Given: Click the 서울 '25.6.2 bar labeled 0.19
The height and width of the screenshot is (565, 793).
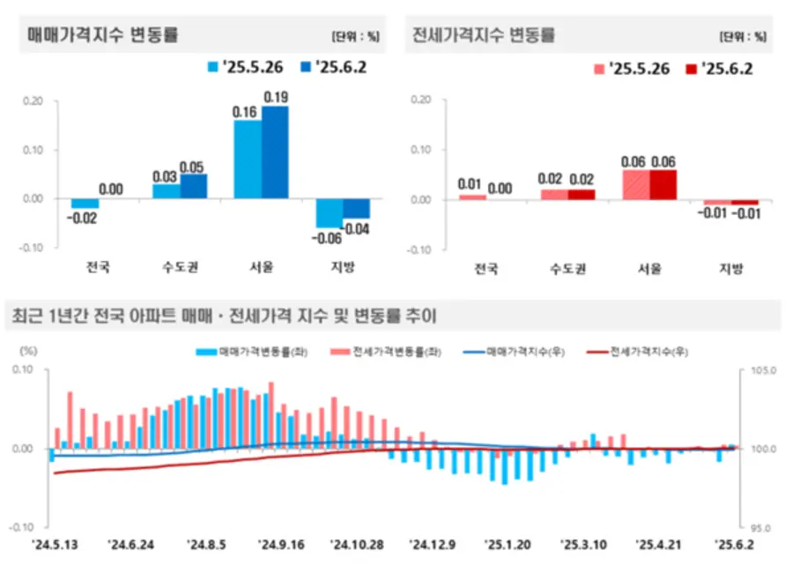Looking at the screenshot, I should [x=275, y=152].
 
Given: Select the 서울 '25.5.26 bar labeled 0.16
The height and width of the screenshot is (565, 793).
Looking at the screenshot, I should [x=248, y=159].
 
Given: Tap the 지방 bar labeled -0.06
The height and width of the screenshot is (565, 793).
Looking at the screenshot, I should [x=330, y=213].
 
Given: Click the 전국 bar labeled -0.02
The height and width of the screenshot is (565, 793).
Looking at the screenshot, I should [x=85, y=204].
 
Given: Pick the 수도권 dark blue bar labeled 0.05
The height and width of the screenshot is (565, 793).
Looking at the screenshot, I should [x=194, y=186].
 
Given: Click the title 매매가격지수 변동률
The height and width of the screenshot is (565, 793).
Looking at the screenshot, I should [x=103, y=36].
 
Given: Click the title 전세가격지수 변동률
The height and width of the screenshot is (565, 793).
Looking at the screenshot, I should [x=484, y=36].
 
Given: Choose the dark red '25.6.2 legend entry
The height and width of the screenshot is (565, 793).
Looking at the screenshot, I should [x=719, y=68].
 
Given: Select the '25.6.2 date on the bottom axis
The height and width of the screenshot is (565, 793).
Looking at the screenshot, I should [x=734, y=545].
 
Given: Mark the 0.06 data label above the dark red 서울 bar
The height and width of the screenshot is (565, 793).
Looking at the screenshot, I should [x=663, y=161].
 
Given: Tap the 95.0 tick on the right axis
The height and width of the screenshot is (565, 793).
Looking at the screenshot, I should [x=760, y=527].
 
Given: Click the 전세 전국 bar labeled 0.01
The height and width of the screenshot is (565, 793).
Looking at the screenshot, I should [x=472, y=197].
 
